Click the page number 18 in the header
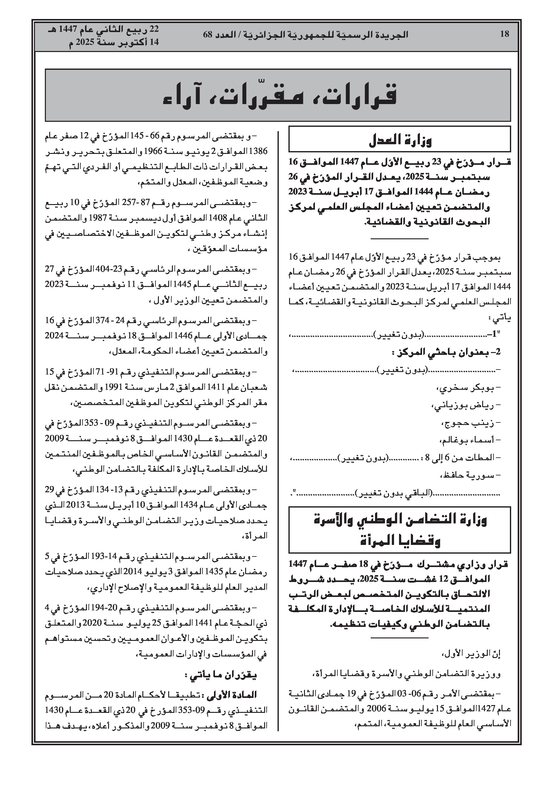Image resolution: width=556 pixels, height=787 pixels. pos(505,34)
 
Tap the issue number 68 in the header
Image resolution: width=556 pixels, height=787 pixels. pos(208,34)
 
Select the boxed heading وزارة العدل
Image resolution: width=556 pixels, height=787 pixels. pos(400,140)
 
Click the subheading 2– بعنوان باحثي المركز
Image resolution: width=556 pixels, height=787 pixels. pos(446,352)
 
